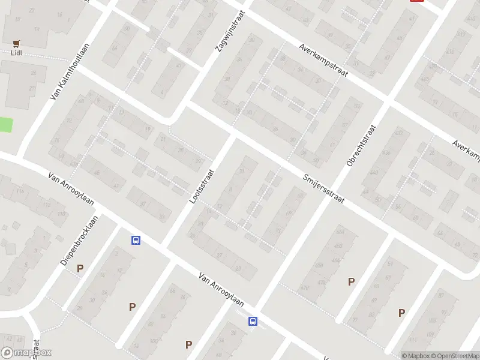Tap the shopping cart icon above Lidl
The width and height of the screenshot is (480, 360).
17,43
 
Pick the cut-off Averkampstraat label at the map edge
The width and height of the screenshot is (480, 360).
467,152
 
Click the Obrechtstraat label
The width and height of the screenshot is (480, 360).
361,145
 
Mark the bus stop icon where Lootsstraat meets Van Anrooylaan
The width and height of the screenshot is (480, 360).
136,240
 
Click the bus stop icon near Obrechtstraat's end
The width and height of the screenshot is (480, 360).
253,322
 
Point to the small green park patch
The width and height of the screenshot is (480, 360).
5,125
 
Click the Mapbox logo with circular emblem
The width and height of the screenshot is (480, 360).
26,353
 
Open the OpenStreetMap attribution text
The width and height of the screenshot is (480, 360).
453,356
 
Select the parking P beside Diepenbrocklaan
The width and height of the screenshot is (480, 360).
80,268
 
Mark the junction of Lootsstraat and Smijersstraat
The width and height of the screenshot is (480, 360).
235,136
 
